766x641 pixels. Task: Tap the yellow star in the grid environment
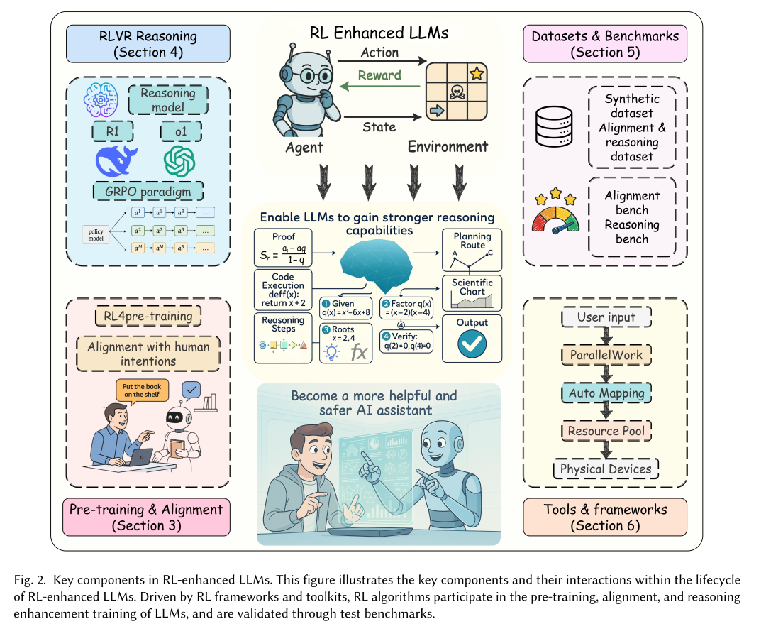476,73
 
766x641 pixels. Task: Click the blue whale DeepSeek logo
116,160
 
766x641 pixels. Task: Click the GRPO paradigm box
148,192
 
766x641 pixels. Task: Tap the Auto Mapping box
606,393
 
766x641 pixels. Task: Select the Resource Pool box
606,430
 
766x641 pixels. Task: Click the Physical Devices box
606,469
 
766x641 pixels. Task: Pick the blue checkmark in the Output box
472,346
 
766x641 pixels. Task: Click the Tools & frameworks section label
605,517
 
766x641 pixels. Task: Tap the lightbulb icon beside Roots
330,351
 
